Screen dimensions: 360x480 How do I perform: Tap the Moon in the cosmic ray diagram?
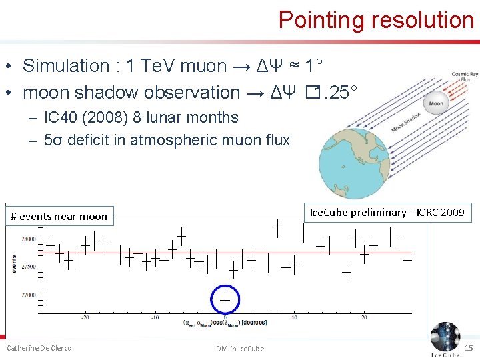coord(436,103)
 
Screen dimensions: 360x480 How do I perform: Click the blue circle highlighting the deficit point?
coord(225,299)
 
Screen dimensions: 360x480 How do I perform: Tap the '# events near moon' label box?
coord(59,216)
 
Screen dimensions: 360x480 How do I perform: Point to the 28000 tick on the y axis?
coord(29,239)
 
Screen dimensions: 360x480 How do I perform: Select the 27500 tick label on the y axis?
coord(29,267)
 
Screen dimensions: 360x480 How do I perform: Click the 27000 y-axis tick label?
coord(29,294)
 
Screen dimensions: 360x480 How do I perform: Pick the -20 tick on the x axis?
coord(85,317)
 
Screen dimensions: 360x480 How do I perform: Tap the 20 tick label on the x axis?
coord(364,317)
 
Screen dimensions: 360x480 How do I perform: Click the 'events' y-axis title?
coord(15,265)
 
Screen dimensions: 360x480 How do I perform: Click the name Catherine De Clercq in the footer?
coord(39,348)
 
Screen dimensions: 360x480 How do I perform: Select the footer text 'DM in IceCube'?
coord(240,349)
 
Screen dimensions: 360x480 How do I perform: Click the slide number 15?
coord(468,348)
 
